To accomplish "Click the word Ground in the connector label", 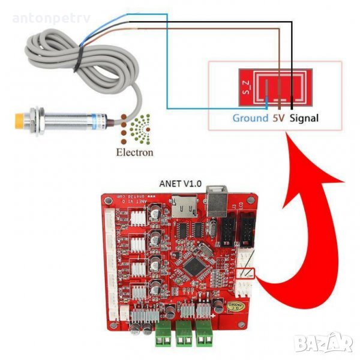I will coord(250,118).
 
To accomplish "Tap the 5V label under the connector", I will coord(278,118).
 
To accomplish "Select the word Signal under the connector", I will coord(304,118).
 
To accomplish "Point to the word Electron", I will coord(134,152).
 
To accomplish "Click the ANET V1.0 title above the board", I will coord(179,184).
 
